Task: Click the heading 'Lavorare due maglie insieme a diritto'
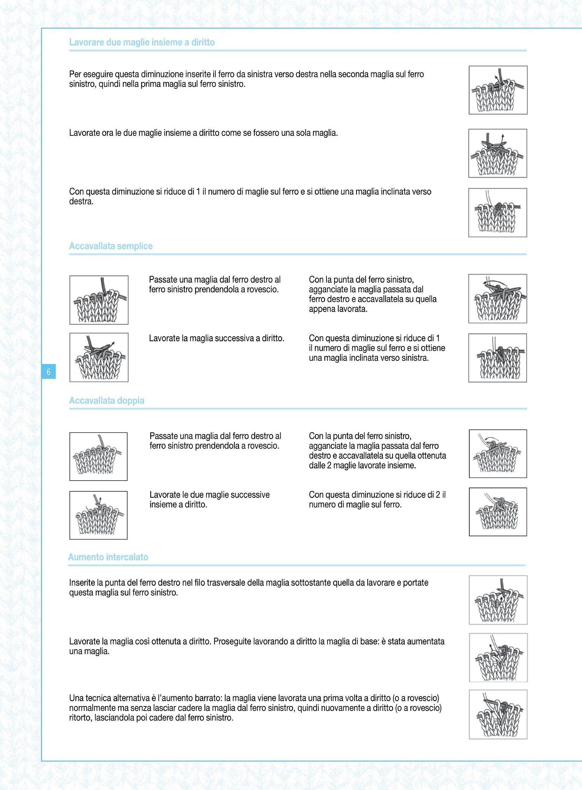pyautogui.click(x=142, y=43)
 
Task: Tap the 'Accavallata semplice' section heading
pyautogui.click(x=111, y=246)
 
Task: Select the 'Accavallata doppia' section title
pyautogui.click(x=106, y=401)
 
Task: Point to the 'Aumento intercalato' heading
pyautogui.click(x=108, y=557)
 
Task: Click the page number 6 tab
pyautogui.click(x=49, y=372)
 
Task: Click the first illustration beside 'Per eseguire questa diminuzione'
pyautogui.click(x=498, y=90)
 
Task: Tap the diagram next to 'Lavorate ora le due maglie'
pyautogui.click(x=497, y=153)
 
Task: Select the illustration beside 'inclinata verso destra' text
pyautogui.click(x=497, y=212)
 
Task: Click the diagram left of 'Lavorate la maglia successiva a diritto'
pyautogui.click(x=99, y=357)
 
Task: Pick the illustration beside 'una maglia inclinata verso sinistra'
pyautogui.click(x=497, y=358)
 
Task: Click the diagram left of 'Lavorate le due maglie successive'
pyautogui.click(x=98, y=515)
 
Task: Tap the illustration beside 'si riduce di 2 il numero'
pyautogui.click(x=498, y=512)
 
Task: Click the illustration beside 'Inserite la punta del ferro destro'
pyautogui.click(x=498, y=600)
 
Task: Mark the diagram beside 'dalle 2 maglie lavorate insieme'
pyautogui.click(x=498, y=454)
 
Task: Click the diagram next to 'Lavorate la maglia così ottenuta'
pyautogui.click(x=498, y=657)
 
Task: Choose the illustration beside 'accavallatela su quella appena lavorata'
pyautogui.click(x=497, y=298)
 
